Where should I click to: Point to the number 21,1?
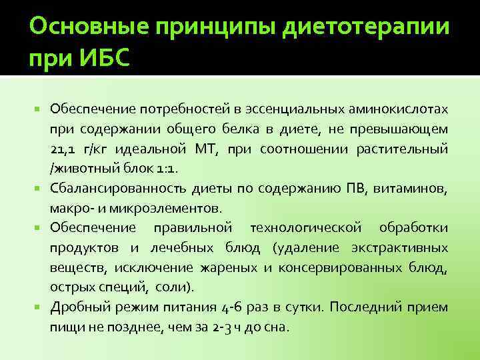[63, 147]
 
